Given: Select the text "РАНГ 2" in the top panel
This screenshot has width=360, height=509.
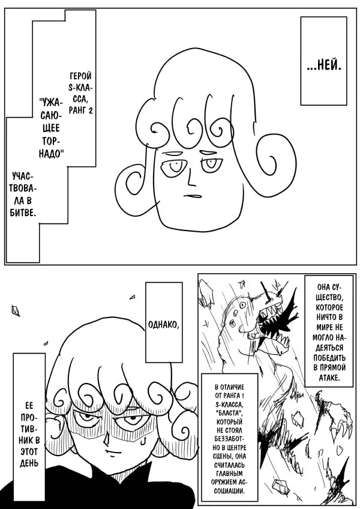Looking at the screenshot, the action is coord(81,110).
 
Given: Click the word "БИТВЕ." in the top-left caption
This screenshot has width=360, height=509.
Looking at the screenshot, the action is coord(23,212).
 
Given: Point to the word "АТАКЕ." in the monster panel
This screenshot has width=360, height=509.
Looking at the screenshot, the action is coord(329,377).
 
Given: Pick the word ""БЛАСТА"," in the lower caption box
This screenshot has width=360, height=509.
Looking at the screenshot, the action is coord(229,415).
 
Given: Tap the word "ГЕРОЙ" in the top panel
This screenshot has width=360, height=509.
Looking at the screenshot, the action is coord(80,76).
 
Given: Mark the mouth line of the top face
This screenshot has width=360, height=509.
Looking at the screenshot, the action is coord(192,196).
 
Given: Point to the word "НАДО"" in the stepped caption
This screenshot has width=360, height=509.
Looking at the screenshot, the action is coord(50,154).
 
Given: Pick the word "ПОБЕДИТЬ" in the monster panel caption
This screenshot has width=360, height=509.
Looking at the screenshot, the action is coord(329,357).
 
